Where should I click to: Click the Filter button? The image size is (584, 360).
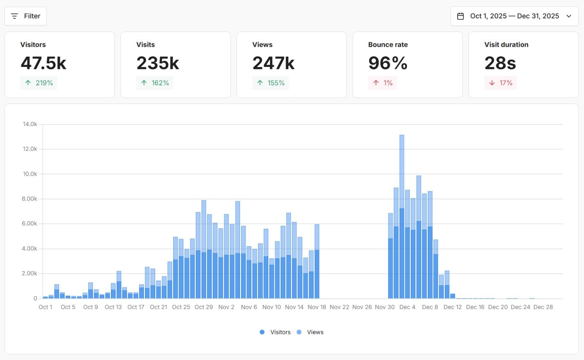point(25,16)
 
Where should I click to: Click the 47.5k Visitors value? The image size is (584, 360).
point(43,63)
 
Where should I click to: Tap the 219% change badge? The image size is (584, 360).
point(39,83)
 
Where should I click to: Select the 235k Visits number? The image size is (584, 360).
point(158,63)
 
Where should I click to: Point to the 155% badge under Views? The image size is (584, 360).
point(270,83)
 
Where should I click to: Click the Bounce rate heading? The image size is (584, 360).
point(388,45)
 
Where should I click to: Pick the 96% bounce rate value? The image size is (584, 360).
point(388,63)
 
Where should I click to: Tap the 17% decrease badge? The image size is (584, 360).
point(500,83)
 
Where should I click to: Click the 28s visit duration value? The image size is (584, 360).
point(500,63)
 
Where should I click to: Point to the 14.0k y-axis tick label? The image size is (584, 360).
point(30,124)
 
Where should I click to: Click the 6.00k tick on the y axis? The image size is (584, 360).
point(30,224)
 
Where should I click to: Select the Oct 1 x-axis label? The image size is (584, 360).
point(45,307)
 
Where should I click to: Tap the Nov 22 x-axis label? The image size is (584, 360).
point(339,307)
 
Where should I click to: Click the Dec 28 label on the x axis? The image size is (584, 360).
point(543,307)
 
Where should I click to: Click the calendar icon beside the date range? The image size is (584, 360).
point(460,16)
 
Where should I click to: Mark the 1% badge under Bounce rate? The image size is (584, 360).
point(383,83)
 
